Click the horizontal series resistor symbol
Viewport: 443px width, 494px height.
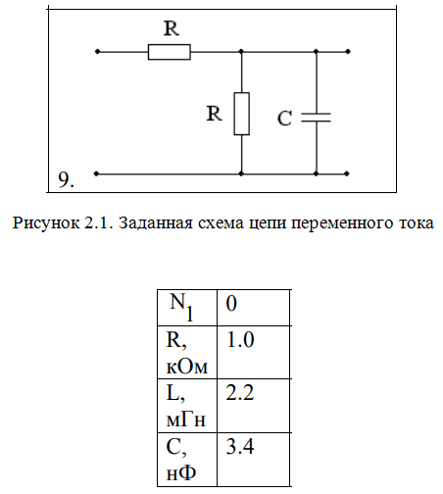point(170,52)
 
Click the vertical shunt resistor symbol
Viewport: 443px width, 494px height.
point(242,114)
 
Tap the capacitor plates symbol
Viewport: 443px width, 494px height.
point(316,118)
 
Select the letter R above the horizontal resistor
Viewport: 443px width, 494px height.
point(172,28)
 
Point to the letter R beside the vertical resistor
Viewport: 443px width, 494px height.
point(215,114)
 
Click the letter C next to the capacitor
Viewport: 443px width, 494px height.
point(284,119)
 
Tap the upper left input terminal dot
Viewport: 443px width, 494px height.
point(97,52)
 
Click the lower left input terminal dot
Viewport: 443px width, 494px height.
point(96,173)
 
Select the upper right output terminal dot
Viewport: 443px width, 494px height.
point(348,51)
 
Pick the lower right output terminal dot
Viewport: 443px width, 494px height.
point(347,173)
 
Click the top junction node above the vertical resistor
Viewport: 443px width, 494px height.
point(241,51)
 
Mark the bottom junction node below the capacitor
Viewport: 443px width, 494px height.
point(316,173)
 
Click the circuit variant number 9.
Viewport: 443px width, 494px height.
point(66,179)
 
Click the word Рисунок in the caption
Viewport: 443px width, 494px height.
point(46,223)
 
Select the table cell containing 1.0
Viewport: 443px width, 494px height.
point(254,352)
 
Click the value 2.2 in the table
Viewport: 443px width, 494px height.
point(240,393)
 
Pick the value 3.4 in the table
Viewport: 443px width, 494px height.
point(240,447)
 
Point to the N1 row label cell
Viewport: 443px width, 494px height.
point(187,308)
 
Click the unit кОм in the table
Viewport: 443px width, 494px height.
point(187,368)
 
